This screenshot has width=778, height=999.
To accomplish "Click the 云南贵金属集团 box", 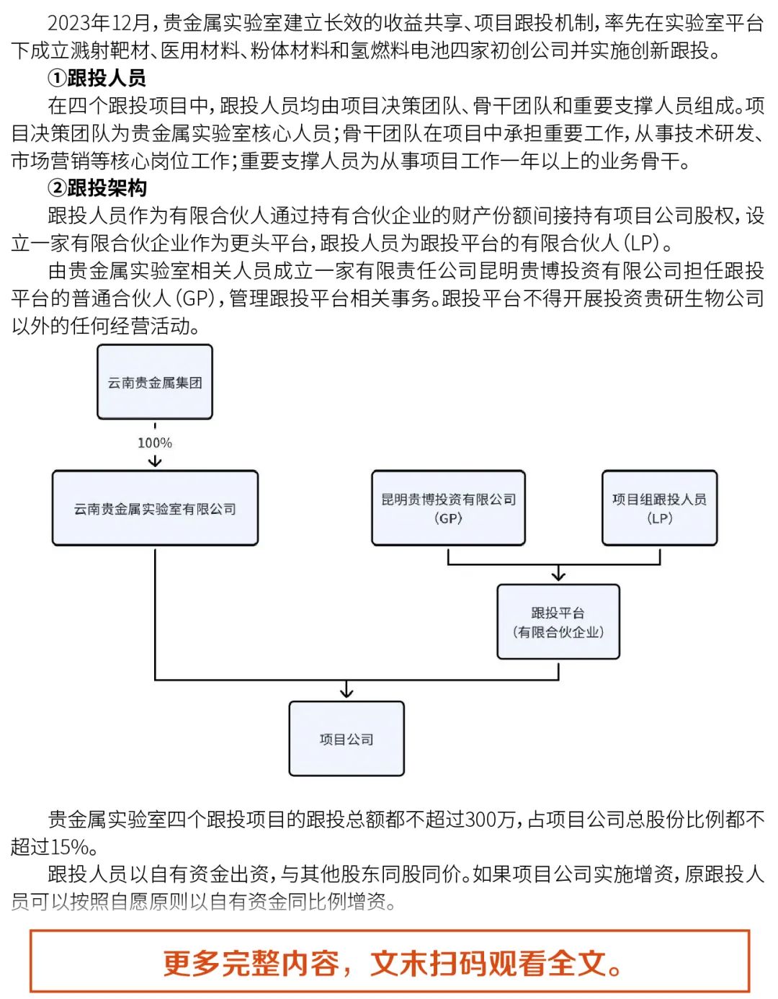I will coord(155,382).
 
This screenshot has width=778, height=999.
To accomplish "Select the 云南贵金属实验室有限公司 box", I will coord(155,508).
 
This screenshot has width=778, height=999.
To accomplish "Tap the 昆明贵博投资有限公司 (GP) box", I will coord(448,508).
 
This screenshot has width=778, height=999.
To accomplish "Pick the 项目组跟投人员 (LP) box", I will coord(659,508).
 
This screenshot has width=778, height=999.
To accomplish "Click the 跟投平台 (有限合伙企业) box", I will coord(558,621).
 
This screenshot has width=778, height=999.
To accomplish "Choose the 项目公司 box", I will coord(346,739).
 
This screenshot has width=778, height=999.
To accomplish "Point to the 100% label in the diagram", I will coord(155,443).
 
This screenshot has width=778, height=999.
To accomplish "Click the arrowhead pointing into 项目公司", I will coord(346,693).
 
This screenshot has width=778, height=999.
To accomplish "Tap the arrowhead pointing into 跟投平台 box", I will coord(558,575).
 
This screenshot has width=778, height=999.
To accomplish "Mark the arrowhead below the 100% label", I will coord(155,462).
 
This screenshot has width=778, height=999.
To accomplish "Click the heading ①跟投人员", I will coord(97,78).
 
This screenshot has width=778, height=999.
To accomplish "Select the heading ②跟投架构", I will coord(97,188).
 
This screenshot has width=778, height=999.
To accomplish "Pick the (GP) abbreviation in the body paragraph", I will coord(194,298).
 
